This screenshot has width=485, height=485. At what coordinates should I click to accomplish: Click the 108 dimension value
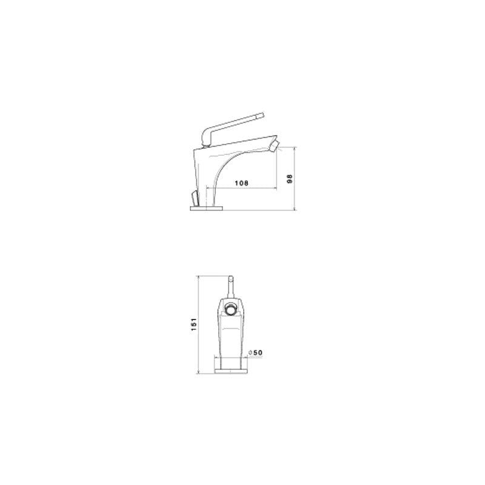click(241, 182)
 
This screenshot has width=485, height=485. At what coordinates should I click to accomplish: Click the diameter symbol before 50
click(250, 353)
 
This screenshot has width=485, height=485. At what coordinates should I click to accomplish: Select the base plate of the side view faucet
click(207, 208)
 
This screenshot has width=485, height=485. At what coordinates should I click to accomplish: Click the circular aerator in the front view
click(230, 310)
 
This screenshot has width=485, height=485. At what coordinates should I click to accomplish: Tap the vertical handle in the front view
click(230, 286)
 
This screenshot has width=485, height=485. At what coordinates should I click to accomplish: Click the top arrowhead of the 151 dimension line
click(200, 275)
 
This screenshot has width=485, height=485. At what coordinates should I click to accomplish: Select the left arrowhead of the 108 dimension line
click(209, 187)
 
